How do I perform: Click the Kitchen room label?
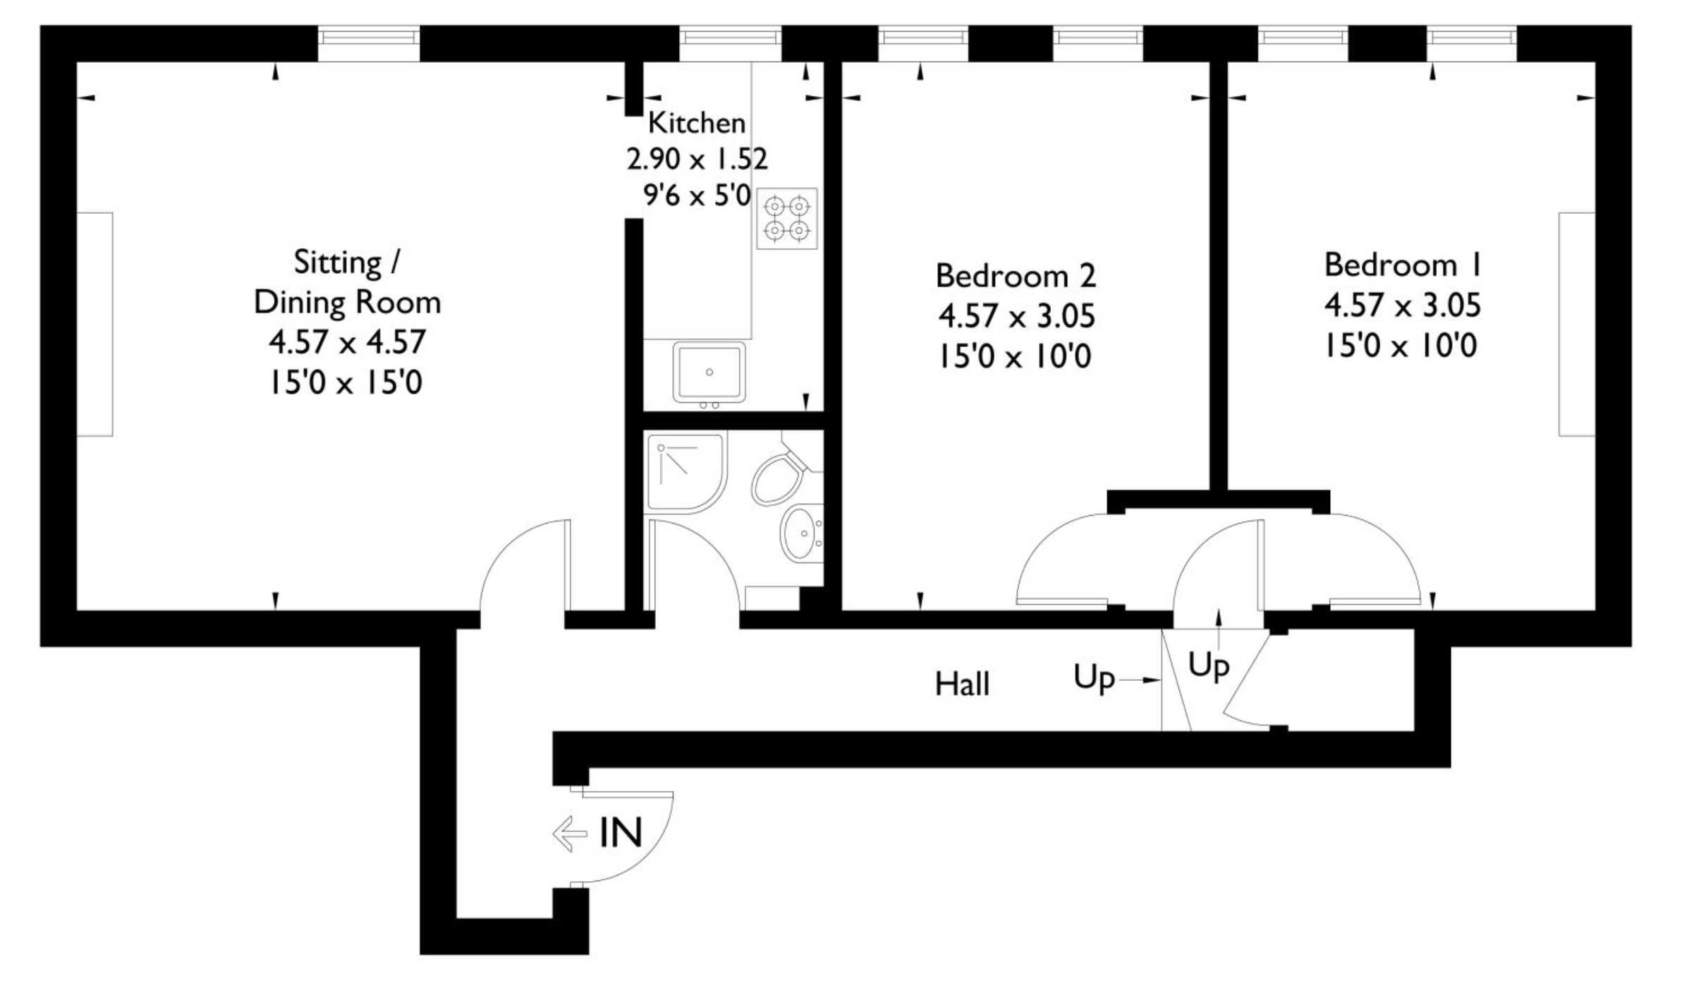[696, 123]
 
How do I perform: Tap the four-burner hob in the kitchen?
[787, 218]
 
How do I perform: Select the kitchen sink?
[709, 373]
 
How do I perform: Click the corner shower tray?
[685, 472]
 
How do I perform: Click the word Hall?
[962, 684]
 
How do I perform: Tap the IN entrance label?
[621, 833]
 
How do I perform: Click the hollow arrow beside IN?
[570, 834]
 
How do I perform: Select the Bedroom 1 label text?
[1402, 265]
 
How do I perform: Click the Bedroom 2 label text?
[1016, 276]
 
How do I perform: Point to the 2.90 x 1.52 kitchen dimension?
[697, 159]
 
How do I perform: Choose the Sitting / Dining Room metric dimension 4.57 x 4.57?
[347, 342]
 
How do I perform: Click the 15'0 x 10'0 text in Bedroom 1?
[1401, 346]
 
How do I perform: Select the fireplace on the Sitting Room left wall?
[95, 324]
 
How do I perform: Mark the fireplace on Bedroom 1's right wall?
[1577, 324]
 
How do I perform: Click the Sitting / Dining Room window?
[368, 44]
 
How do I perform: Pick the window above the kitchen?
[731, 44]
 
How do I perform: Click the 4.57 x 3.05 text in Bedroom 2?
[1016, 316]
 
